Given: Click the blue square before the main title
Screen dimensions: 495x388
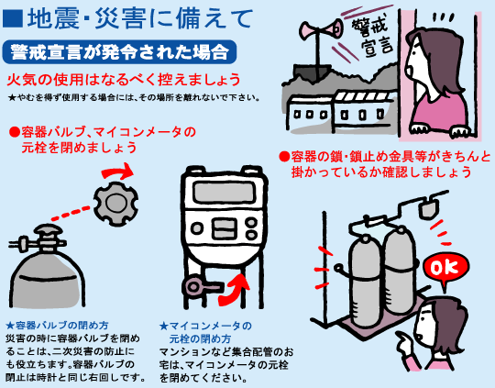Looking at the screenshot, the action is coord(12,18).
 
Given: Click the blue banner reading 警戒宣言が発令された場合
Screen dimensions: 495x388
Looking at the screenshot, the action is coord(119,51).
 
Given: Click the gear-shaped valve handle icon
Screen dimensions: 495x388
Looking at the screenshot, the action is coord(116,204).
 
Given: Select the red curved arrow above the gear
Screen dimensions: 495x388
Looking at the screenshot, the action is coord(117,171).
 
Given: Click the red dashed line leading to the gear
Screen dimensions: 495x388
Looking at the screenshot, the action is coord(71,214).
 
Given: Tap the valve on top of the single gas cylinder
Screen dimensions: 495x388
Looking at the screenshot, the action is coord(42,239).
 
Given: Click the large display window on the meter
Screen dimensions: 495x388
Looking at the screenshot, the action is coord(224,192).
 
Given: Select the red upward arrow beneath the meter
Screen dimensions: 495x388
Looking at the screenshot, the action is coord(235,290).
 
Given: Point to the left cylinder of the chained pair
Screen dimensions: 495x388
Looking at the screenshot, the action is coord(365,282).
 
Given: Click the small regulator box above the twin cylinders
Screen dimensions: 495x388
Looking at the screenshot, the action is coord(429,207).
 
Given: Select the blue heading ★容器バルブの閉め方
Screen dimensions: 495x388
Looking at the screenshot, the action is coord(57,325).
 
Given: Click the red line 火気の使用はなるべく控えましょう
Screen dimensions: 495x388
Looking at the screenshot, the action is coord(124,80).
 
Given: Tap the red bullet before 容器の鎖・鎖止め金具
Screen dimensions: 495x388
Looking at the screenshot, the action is coord(284,157).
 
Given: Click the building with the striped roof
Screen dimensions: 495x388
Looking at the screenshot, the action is coord(363,109).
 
